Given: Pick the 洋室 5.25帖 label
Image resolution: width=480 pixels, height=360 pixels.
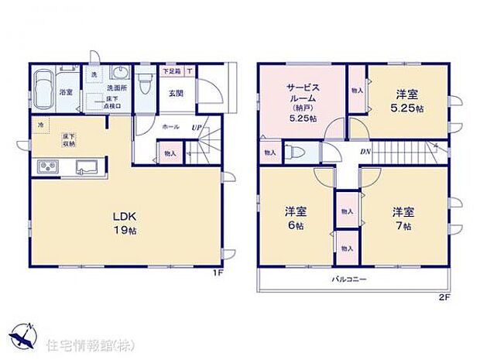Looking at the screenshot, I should [407, 101].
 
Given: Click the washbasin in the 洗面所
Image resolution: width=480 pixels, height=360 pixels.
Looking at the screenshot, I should [120, 74].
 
